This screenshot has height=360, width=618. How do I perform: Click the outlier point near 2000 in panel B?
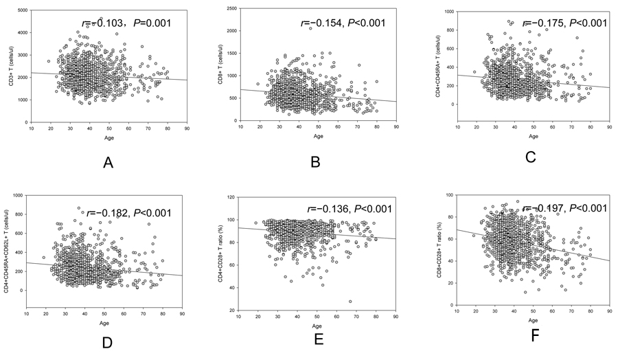tap(310, 28)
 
